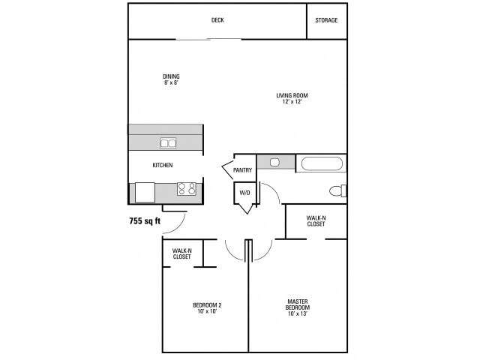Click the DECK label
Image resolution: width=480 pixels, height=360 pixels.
[x=217, y=20]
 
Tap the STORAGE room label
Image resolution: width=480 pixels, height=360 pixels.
[x=326, y=20]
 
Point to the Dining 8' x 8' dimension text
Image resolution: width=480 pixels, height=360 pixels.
[x=171, y=82]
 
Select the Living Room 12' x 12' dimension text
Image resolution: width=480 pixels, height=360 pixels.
[x=292, y=102]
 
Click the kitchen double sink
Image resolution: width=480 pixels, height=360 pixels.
[x=168, y=143]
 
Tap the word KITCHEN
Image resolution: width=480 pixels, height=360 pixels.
[x=163, y=165]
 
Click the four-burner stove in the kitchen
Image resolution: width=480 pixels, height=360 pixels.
[x=187, y=188]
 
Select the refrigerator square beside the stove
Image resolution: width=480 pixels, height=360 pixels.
[x=145, y=192]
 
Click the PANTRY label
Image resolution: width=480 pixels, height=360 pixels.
[x=242, y=170]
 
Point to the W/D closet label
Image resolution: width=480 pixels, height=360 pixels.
[x=244, y=193]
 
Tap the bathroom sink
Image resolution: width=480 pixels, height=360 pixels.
[x=274, y=162]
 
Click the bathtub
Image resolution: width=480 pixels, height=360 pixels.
[x=322, y=163]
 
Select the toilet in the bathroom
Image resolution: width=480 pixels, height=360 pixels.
[x=338, y=190]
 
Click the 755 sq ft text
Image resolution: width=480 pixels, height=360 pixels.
[x=145, y=220]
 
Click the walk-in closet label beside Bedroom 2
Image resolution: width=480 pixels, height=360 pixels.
[x=181, y=253]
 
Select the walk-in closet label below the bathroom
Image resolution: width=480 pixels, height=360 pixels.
[x=316, y=221]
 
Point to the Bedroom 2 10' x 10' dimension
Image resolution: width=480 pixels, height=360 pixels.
[x=207, y=312]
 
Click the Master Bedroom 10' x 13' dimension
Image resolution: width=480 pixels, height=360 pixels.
[x=297, y=313]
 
